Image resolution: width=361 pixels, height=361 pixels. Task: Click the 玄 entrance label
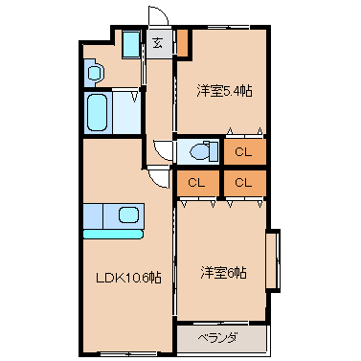coord(157,43)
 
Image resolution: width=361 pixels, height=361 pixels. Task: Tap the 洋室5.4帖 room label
coord(224,91)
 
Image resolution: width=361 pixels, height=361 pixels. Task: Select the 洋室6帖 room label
coord(223,273)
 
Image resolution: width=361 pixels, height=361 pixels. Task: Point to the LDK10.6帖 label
coord(128,278)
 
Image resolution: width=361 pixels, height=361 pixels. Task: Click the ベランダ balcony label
coord(217,338)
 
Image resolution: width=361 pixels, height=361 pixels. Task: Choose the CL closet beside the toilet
coord(245,152)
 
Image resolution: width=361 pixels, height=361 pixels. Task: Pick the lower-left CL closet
coord(198,183)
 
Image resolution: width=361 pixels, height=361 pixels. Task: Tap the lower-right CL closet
coord(245,183)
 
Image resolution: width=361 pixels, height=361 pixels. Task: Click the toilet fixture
coord(203,151)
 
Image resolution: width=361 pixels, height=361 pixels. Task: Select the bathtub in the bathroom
coord(97,112)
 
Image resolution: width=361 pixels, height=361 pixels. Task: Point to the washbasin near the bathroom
coord(95,73)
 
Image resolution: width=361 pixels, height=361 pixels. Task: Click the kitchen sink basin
coord(129,214)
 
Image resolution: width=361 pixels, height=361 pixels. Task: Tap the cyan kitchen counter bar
coord(113,234)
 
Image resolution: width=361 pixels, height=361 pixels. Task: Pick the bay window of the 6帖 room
coord(273,260)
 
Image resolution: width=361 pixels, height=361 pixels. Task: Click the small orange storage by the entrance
coord(183,43)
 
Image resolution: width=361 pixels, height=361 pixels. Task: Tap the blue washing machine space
coord(131,44)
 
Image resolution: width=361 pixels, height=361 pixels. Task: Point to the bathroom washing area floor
coord(126,113)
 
